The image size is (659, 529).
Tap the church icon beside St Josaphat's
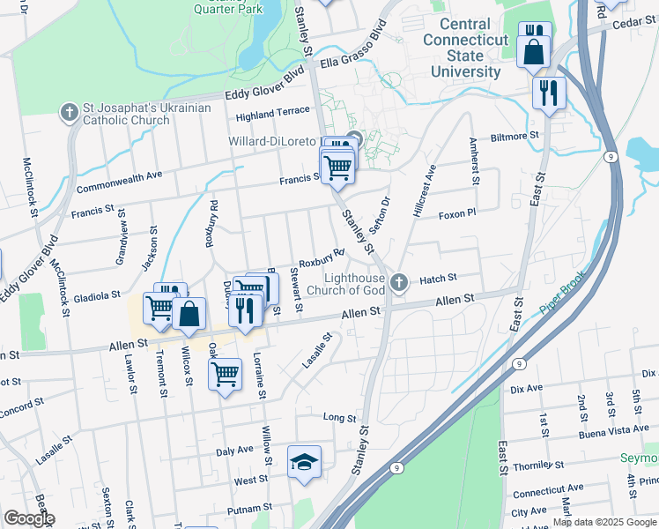tap(69, 112)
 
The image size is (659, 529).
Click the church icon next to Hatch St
tap(399, 282)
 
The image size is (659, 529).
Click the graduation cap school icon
tap(304, 462)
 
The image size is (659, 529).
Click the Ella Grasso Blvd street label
tap(354, 51)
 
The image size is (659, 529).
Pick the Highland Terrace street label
tap(273, 113)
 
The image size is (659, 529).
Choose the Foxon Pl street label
tap(457, 213)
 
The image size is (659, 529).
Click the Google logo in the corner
tap(29, 518)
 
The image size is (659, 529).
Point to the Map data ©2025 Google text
tap(604, 522)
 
